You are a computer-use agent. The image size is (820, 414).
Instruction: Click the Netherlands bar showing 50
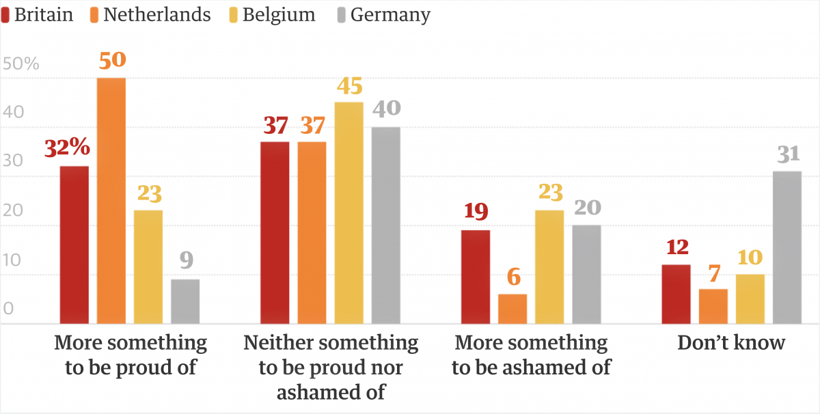111,200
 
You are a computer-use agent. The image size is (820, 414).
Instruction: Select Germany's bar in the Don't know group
787,247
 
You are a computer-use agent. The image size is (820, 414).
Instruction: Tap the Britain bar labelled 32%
74,245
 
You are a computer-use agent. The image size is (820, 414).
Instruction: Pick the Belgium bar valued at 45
349,212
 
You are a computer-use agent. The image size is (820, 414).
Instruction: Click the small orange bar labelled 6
512,309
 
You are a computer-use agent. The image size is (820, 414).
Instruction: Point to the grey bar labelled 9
185,301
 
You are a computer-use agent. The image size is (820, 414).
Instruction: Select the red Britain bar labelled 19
476,277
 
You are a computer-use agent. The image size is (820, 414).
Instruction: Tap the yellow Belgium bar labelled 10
750,299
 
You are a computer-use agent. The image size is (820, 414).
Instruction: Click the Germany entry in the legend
390,15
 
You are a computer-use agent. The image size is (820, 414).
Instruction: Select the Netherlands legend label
156,15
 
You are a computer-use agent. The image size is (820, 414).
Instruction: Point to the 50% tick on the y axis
21,64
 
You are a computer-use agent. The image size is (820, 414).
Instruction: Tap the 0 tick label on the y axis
8,309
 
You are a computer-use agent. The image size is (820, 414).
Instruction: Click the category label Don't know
731,342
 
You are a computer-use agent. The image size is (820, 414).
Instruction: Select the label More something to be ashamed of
531,355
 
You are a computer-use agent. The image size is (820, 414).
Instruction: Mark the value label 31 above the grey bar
787,155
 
